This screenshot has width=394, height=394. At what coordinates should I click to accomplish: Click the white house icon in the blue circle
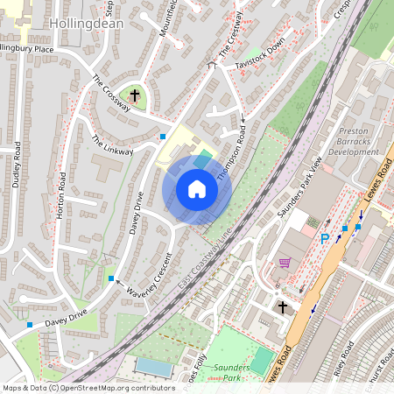pyautogui.click(x=197, y=188)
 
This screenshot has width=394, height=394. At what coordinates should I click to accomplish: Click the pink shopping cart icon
pyautogui.click(x=285, y=262)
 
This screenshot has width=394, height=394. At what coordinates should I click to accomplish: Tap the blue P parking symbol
pyautogui.click(x=325, y=238)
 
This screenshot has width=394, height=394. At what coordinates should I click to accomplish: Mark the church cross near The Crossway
pyautogui.click(x=135, y=94)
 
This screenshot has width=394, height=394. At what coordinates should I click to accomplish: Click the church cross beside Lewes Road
pyautogui.click(x=282, y=307)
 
